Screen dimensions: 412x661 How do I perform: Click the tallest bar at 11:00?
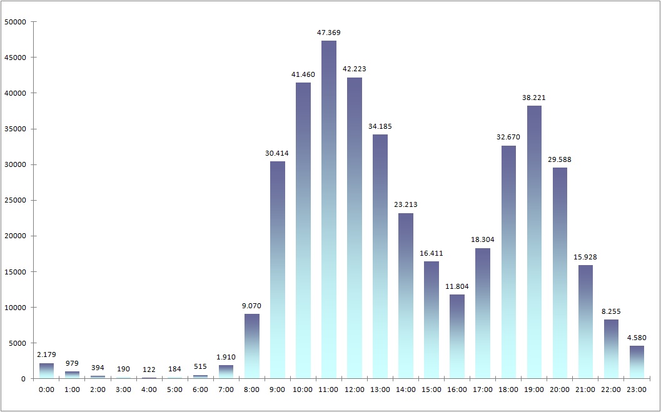tap(329, 209)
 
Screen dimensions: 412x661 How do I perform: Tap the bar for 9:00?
tap(278, 269)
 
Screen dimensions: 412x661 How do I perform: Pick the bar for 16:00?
tap(457, 336)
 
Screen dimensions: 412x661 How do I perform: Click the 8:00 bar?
tap(252, 346)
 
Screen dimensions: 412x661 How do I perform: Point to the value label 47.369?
tap(329, 32)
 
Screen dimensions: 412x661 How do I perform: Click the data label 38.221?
tap(534, 98)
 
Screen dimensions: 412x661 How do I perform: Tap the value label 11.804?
tap(457, 286)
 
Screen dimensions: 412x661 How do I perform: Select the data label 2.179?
tap(47, 354)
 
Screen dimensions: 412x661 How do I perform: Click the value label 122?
tap(149, 369)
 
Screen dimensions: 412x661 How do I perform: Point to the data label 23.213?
tap(406, 204)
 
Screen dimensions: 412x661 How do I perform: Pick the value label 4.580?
tap(637, 338)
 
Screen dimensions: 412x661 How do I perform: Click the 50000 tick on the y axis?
tap(14, 22)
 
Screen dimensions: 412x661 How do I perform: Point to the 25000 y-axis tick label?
tap(14, 201)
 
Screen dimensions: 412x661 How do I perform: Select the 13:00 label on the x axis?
tap(380, 389)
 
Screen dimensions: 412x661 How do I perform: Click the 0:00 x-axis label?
tap(47, 389)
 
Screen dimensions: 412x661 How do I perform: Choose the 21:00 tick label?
tap(585, 389)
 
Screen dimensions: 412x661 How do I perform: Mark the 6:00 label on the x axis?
tap(201, 389)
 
